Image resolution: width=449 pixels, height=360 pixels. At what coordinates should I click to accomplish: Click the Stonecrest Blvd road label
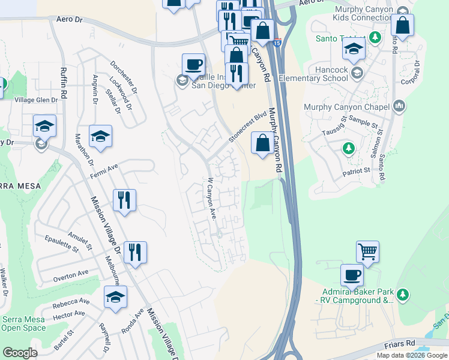point(247,127)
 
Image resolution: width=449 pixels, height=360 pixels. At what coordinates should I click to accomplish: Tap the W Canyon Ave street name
point(211,199)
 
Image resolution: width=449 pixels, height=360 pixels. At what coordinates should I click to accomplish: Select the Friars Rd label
point(401,343)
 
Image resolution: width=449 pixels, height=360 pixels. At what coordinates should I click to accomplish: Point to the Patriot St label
point(357,171)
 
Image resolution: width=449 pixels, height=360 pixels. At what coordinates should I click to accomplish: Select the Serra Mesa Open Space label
point(24,324)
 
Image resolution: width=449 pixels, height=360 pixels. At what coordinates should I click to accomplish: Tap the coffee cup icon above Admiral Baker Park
point(352,275)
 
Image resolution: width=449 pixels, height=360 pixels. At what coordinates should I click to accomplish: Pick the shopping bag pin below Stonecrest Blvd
point(262,144)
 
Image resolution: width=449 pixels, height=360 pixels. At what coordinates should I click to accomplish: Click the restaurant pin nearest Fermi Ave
point(124,201)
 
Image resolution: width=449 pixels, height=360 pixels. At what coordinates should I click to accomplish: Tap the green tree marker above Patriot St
point(348,148)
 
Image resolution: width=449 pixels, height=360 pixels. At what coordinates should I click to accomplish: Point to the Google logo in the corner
point(20,353)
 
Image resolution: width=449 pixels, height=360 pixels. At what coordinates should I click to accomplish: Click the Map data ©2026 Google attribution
point(412,355)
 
